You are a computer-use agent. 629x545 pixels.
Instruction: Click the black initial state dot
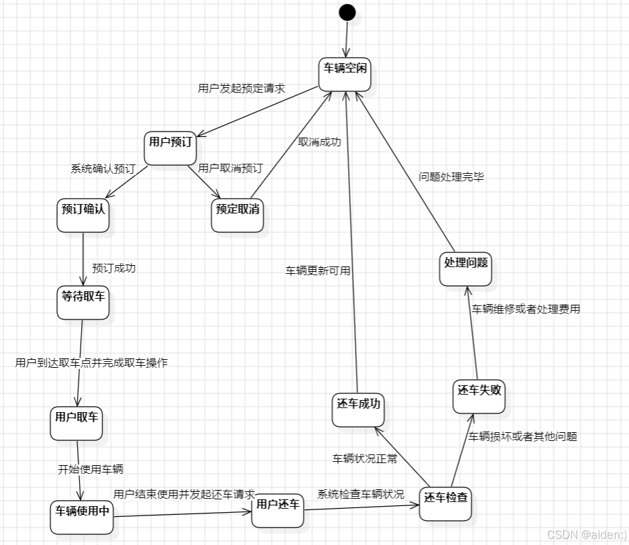coord(347,12)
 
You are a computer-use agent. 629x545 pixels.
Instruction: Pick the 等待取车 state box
coord(83,302)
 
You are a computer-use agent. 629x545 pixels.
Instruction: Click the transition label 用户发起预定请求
coord(241,88)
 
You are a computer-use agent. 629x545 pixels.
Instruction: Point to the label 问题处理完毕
coord(451,177)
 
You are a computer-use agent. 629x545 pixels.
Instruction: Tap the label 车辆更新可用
coord(318,271)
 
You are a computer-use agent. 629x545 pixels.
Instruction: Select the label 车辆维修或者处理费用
coord(526,309)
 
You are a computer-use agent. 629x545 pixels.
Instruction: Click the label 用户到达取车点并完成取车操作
coord(91,363)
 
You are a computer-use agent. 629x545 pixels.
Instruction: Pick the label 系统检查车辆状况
coord(361,495)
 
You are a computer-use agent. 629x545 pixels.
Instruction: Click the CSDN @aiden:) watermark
coord(585,534)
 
